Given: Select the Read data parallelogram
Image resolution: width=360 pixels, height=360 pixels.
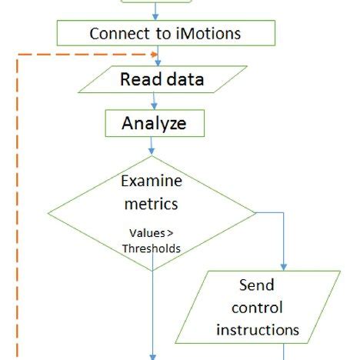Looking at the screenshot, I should click(162, 78).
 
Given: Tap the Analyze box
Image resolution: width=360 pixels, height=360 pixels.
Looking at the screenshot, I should click(155, 122).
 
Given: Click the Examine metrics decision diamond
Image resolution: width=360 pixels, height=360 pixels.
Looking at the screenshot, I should click(152, 211).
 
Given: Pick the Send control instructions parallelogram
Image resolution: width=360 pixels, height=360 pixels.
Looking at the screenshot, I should click(257, 307).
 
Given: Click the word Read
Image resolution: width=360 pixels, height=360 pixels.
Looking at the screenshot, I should click(138, 78).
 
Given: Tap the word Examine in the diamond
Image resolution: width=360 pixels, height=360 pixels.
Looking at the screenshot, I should click(152, 182).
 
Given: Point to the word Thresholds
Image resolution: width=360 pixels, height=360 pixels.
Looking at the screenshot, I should click(152, 248).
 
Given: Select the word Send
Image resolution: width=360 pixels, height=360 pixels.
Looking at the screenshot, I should click(257, 286).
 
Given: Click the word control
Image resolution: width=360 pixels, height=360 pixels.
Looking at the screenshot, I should click(257, 308).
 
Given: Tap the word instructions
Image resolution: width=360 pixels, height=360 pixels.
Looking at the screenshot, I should click(257, 329).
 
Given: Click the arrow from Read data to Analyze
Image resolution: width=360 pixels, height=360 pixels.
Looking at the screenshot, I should click(154, 101).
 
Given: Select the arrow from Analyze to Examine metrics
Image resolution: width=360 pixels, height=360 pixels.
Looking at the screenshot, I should click(152, 145).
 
